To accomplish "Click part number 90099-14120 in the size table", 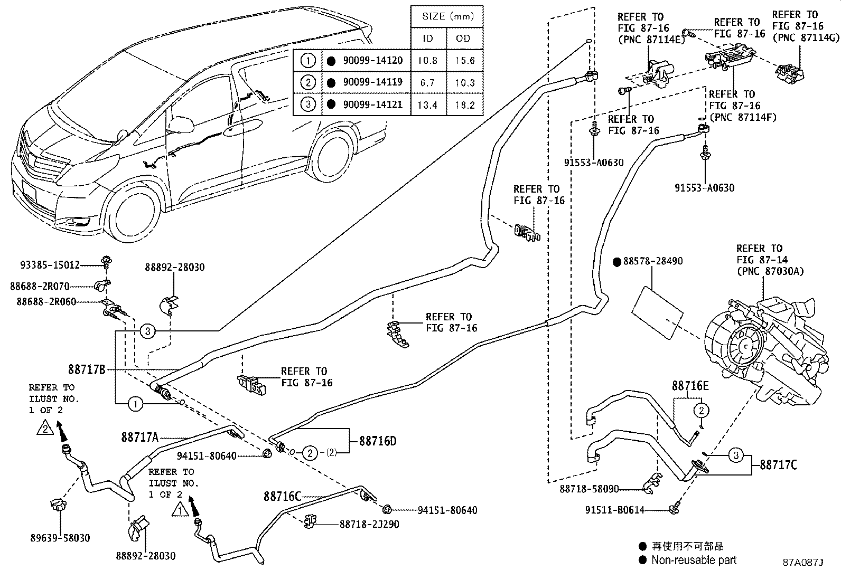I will [x=372, y=60].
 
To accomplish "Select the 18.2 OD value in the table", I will [x=465, y=104].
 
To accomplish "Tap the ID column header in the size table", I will [x=428, y=38].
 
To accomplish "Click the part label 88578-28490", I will [x=653, y=261].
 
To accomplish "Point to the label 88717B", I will [x=87, y=369].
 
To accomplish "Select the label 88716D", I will [x=377, y=441].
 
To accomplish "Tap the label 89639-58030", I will [x=60, y=538].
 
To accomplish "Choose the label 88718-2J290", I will [x=369, y=524].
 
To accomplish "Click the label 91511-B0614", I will [x=614, y=510].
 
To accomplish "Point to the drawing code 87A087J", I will [x=803, y=562].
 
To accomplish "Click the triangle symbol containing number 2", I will [x=45, y=428].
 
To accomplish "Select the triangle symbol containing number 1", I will [x=180, y=510].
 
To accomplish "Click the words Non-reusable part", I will [x=694, y=560].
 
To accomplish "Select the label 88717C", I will [x=779, y=464].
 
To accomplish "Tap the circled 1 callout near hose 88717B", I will [x=135, y=404].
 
